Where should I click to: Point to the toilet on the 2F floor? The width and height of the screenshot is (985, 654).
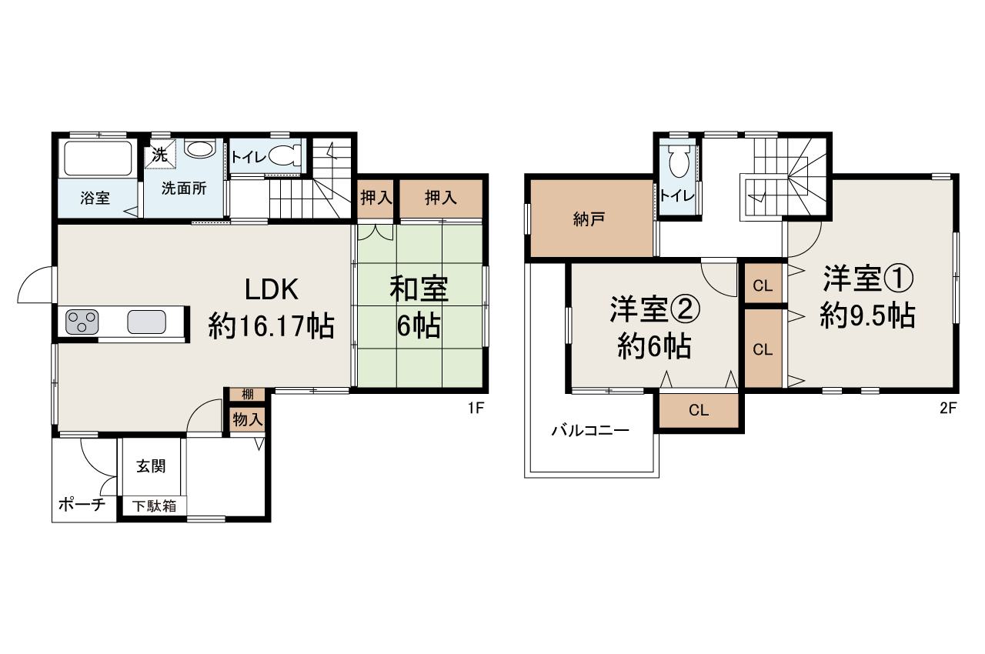tap(679, 162)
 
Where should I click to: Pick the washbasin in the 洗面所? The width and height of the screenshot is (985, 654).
tap(200, 149)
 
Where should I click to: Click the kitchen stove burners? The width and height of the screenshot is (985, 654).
tap(82, 321)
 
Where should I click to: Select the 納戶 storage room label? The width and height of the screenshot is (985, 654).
tap(589, 218)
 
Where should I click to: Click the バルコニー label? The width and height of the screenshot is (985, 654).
tap(590, 431)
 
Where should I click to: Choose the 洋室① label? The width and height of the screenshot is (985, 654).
tap(868, 279)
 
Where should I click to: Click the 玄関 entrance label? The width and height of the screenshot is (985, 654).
tap(152, 465)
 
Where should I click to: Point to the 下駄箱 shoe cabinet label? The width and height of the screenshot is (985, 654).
tap(153, 506)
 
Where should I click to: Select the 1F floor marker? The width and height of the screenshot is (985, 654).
tap(475, 409)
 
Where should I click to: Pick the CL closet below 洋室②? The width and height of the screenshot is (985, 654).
tap(698, 410)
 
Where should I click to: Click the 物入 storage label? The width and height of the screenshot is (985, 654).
tap(248, 419)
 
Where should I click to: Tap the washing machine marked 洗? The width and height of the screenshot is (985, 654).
tap(159, 154)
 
